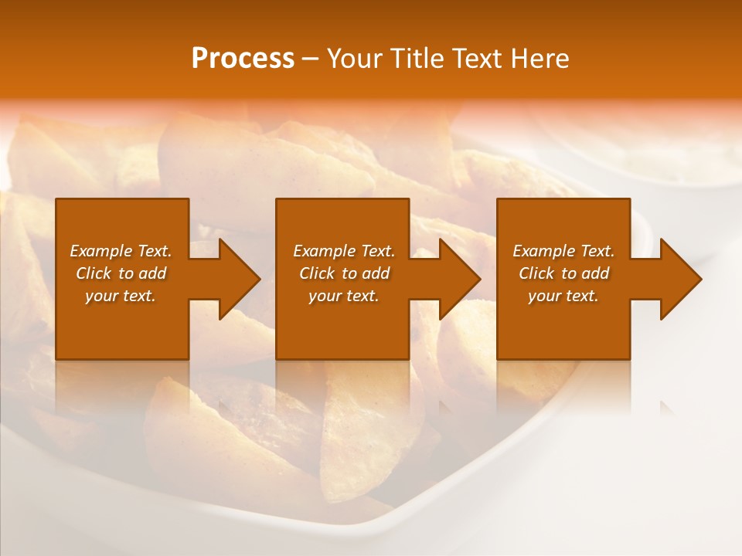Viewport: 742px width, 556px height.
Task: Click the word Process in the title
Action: pos(243,59)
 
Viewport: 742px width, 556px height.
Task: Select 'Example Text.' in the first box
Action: pos(121,251)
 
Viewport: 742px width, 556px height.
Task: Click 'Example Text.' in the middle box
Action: pos(344,251)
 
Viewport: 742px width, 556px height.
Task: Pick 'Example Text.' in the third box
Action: pos(563,251)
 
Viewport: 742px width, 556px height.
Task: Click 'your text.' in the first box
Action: pos(121,296)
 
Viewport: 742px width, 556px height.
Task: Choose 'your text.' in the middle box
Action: pos(344,296)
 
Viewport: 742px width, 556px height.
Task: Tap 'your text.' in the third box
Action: pos(563,296)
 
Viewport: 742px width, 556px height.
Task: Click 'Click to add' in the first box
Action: pos(121,273)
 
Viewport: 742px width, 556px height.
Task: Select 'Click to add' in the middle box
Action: pos(344,273)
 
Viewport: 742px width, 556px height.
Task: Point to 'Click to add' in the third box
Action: pos(563,273)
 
